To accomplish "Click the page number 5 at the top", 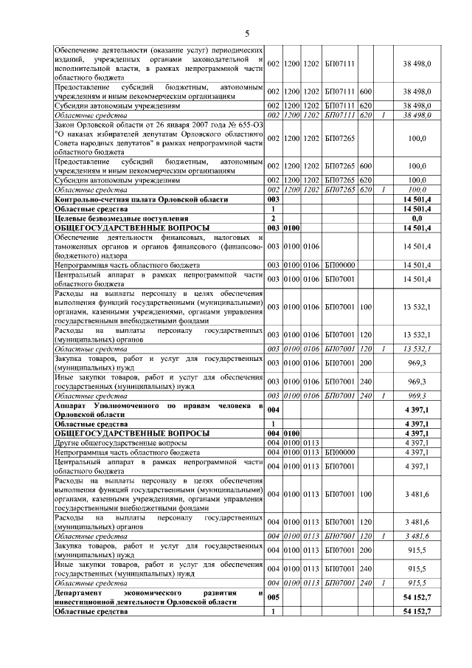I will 247,32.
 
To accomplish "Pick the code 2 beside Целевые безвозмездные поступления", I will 273,218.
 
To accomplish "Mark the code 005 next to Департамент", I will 273,597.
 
